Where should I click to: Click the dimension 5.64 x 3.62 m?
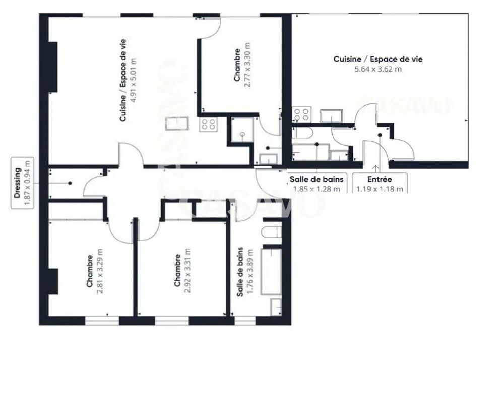click(378, 69)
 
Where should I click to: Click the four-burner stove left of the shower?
click(208, 124)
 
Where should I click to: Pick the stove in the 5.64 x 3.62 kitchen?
click(301, 114)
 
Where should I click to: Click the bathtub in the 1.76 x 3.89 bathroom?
click(271, 270)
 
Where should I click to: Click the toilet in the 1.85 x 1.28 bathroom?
click(302, 133)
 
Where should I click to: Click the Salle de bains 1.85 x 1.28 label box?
click(317, 184)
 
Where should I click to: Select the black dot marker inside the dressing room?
click(70, 183)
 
